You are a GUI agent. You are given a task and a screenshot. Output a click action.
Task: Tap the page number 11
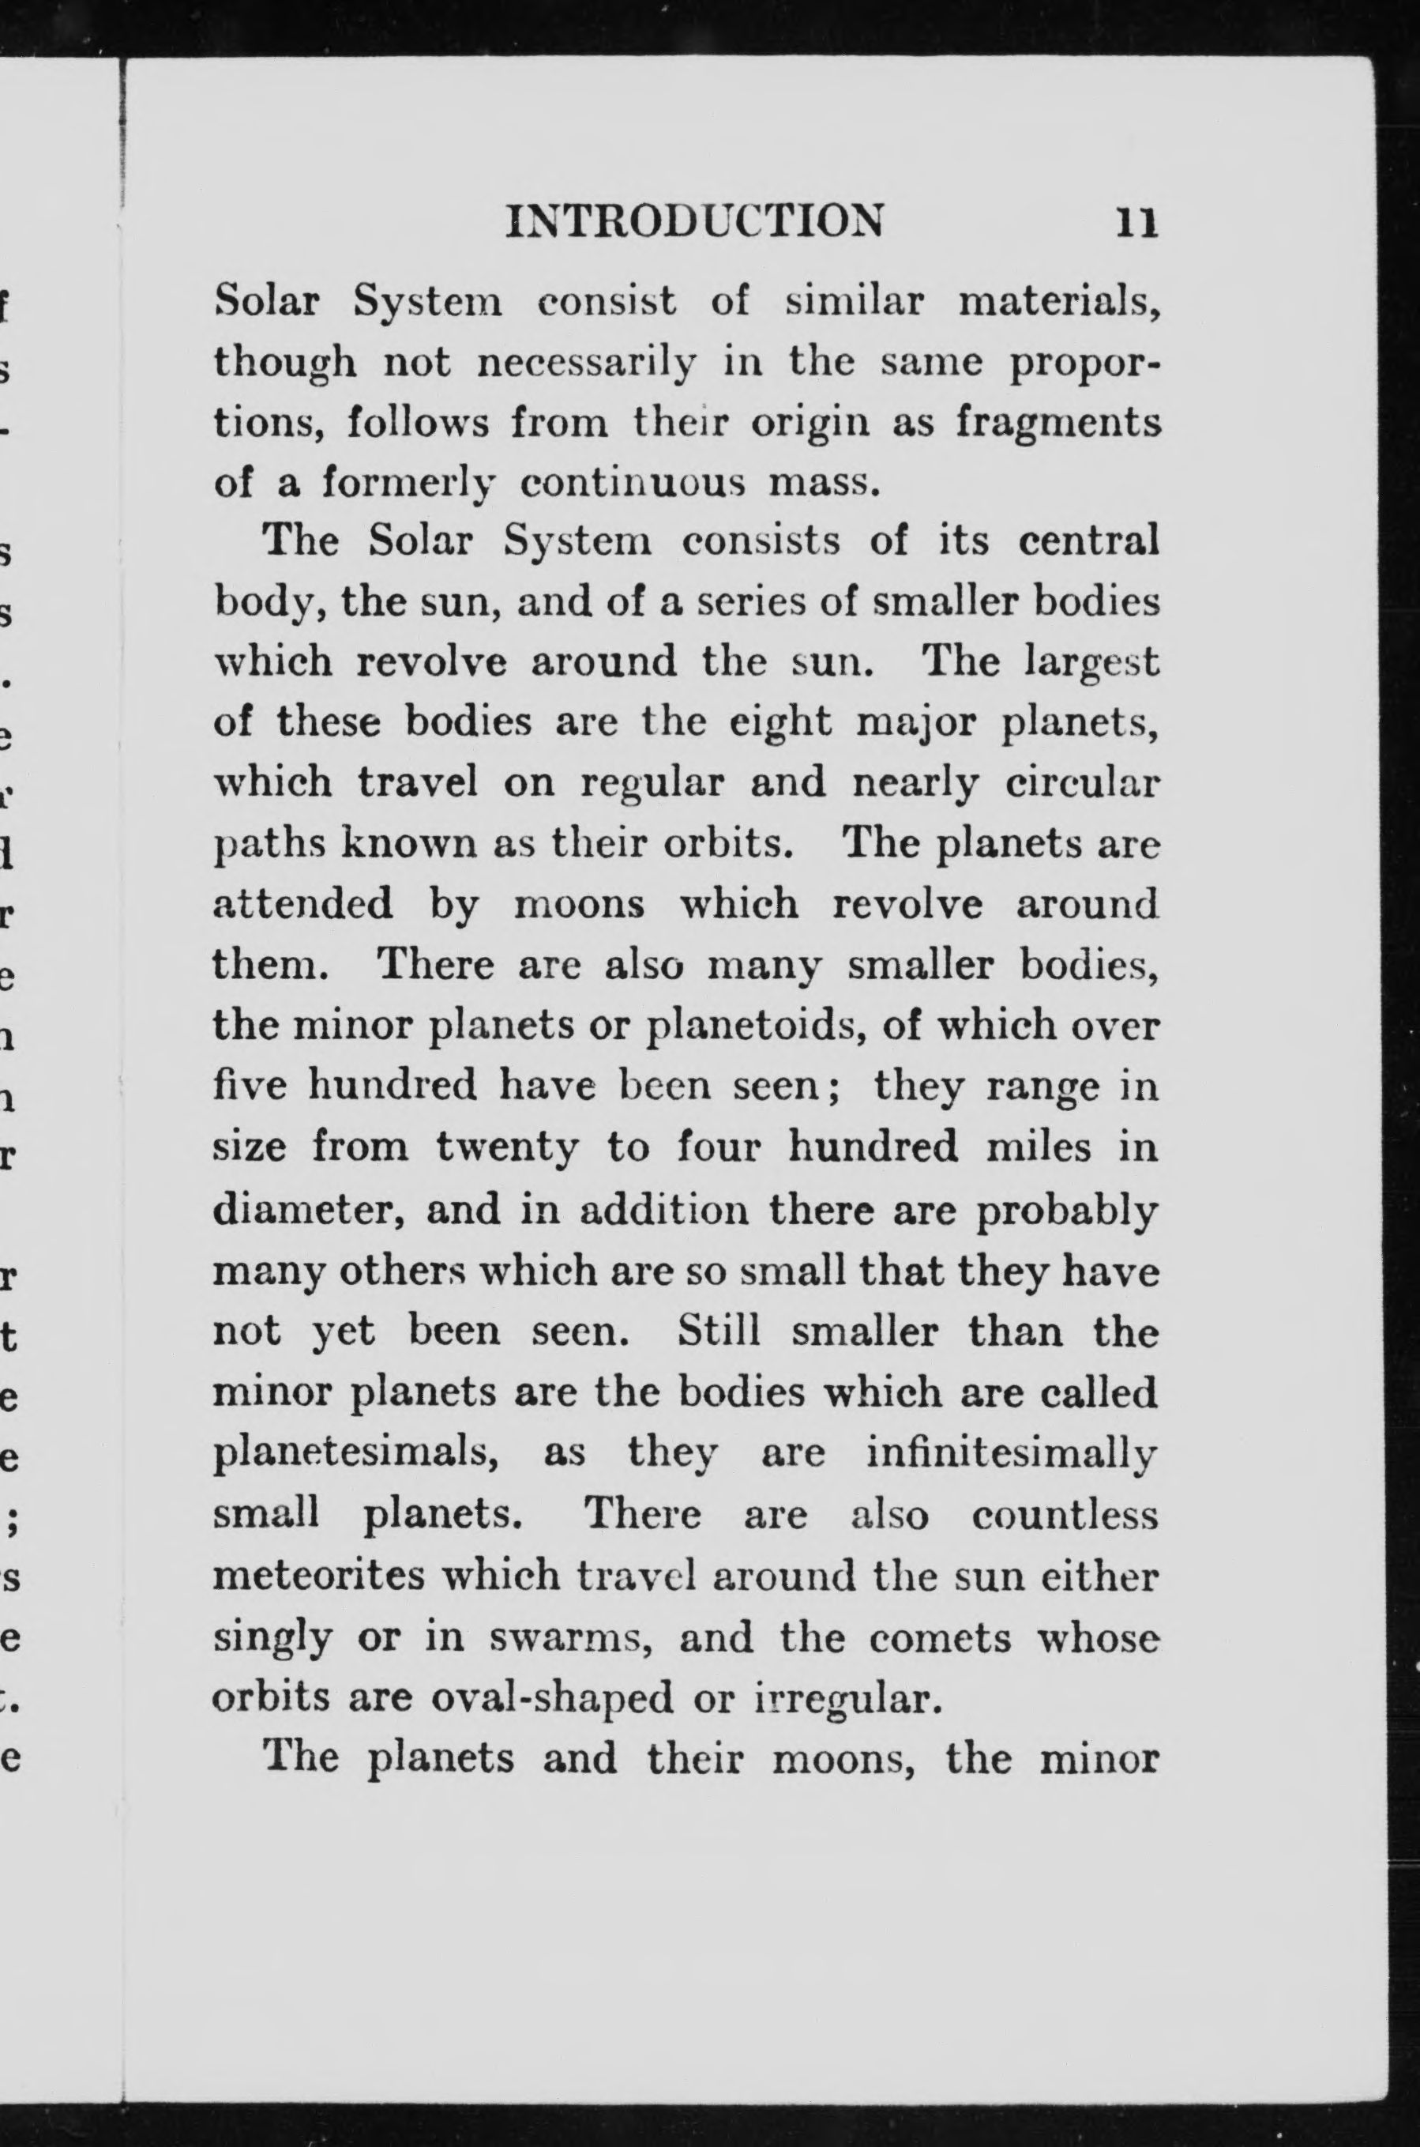point(1136,222)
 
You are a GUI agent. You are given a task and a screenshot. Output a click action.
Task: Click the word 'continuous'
point(632,483)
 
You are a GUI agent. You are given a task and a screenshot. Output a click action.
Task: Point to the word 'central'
point(1088,541)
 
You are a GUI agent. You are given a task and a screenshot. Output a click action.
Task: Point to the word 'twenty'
point(506,1149)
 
